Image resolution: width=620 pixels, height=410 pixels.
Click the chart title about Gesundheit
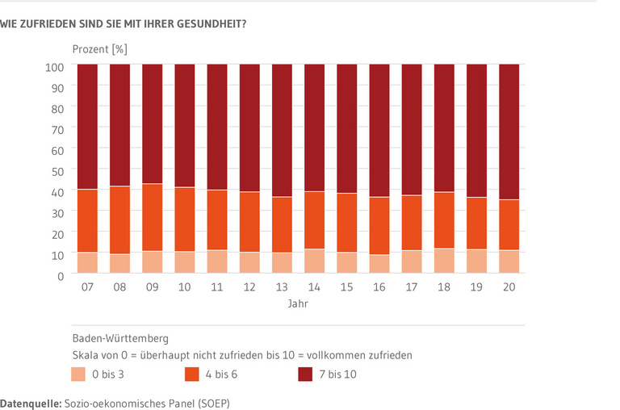click(124, 23)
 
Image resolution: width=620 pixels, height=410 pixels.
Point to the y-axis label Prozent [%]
click(99, 49)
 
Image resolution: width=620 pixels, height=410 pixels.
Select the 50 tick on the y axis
click(57, 171)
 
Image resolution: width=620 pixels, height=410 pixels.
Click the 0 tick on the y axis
click(61, 276)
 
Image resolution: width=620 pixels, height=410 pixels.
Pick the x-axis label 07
click(87, 287)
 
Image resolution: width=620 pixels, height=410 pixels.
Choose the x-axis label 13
click(282, 287)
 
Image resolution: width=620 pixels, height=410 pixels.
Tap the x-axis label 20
click(509, 287)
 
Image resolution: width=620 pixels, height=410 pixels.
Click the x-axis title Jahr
click(297, 305)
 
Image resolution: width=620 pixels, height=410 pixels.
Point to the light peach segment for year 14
click(314, 262)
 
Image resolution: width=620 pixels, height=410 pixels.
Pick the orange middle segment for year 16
click(379, 226)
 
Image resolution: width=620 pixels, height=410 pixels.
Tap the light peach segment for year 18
click(444, 261)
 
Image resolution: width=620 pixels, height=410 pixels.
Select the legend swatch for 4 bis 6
click(193, 374)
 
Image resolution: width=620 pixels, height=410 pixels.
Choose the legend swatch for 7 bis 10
click(306, 374)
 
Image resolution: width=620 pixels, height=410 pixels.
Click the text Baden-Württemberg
click(120, 338)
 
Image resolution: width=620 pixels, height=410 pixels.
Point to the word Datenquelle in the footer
click(29, 401)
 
